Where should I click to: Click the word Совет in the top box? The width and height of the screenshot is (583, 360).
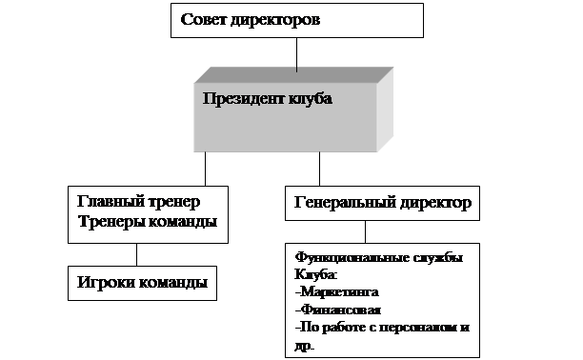[203, 19]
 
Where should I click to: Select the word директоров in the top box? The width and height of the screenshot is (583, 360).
[275, 20]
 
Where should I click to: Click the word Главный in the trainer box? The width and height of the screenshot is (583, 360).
[111, 201]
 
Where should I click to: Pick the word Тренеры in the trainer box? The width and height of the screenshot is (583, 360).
[111, 222]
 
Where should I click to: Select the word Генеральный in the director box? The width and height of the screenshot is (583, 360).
[345, 202]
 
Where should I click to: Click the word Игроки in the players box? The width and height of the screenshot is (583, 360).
[106, 282]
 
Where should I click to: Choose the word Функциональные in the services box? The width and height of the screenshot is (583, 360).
[342, 257]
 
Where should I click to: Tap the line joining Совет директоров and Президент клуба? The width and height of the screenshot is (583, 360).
[296, 54]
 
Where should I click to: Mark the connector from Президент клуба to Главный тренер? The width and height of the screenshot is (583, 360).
[205, 169]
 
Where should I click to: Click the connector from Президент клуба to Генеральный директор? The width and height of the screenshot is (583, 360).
[319, 169]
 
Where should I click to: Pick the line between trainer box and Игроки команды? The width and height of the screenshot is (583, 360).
[136, 254]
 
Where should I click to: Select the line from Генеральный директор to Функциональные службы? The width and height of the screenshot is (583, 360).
[365, 232]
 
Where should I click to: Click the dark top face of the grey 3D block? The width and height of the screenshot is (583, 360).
[293, 74]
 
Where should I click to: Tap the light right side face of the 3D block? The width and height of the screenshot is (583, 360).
[385, 110]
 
